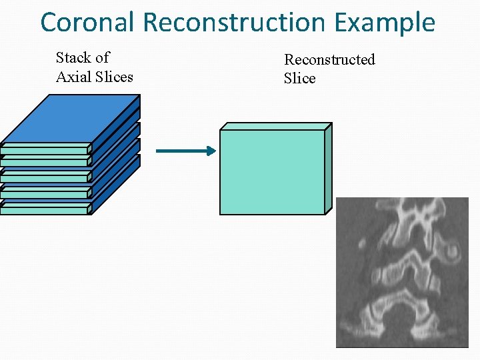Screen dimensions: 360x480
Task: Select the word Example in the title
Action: [385, 22]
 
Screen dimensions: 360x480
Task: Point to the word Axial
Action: [73, 77]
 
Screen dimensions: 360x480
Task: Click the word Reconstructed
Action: [329, 60]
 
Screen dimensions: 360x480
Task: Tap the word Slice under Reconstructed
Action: [299, 78]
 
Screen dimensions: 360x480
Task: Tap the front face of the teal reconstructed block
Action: [272, 172]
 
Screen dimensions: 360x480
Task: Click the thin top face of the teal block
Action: [276, 126]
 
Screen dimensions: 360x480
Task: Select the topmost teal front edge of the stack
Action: [45, 148]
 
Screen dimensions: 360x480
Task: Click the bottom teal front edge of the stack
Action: [45, 210]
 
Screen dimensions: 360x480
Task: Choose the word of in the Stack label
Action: [102, 58]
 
